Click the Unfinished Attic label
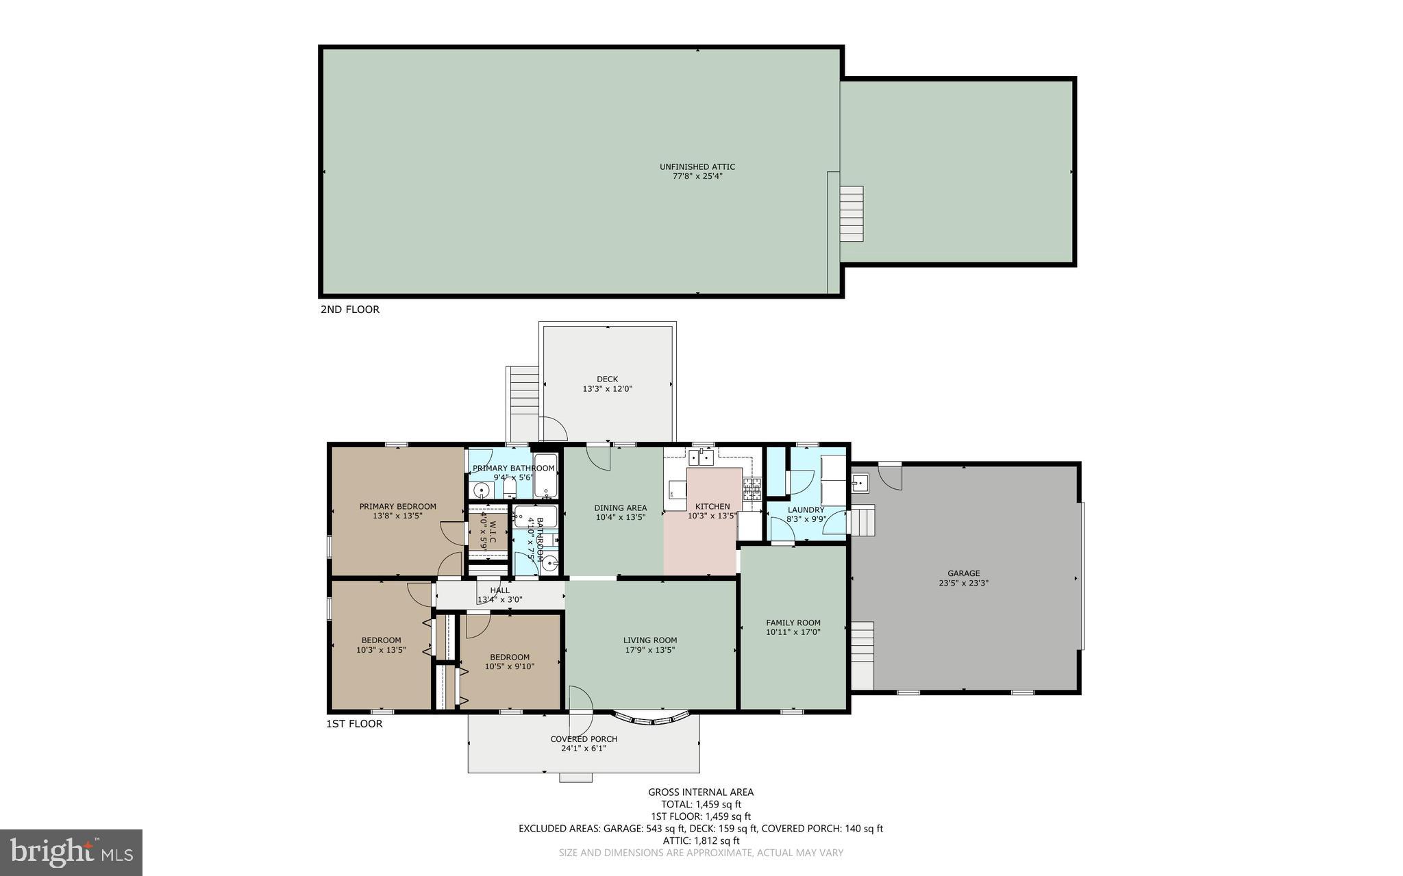697,166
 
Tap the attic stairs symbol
852,214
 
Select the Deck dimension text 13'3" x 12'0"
607,389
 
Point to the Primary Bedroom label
397,507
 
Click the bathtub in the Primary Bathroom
546,475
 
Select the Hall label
499,590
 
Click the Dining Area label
620,508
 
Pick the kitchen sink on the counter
701,456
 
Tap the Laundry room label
806,510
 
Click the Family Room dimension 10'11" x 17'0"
793,632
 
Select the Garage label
963,573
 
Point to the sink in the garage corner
860,484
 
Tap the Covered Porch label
584,739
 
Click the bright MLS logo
71,852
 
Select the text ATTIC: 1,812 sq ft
701,840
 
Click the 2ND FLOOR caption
349,310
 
